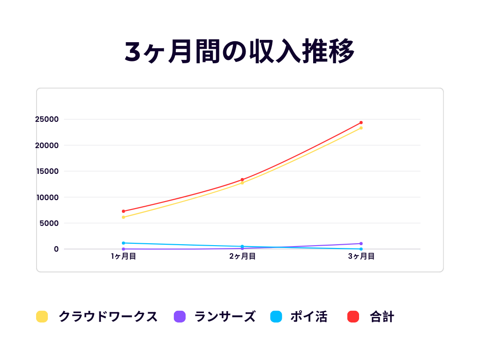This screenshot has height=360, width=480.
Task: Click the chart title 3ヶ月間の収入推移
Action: pos(240,52)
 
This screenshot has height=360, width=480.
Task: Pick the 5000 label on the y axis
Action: pos(49,223)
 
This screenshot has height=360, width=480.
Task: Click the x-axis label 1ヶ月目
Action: pos(123,256)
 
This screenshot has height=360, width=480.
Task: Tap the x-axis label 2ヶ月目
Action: pos(242,256)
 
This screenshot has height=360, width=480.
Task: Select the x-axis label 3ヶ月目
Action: pos(361,256)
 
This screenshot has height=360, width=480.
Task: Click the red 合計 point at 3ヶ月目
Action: pos(361,122)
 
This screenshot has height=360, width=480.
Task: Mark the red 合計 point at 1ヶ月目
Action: pos(123,211)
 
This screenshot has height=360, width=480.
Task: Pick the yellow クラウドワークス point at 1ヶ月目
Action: pos(123,217)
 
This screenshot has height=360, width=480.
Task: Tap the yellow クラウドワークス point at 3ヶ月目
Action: pos(361,128)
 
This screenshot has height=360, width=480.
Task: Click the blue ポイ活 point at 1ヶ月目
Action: pos(123,243)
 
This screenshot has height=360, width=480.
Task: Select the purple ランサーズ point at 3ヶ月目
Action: pos(361,244)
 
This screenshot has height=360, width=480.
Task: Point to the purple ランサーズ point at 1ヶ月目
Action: pos(123,249)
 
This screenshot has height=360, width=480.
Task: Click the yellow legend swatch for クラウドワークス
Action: pos(42,317)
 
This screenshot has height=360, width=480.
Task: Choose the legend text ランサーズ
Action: pos(225,317)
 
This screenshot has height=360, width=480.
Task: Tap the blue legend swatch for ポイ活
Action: pos(276,317)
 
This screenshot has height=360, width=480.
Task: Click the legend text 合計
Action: pos(382,317)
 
